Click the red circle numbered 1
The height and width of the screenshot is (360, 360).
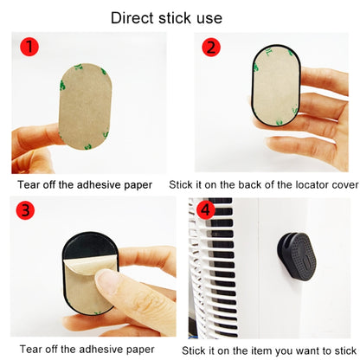29,47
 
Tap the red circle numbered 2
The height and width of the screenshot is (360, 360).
211,48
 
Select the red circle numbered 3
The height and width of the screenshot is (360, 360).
25,210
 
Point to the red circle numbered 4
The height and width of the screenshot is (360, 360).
206,210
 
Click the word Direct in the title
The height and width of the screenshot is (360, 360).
133,18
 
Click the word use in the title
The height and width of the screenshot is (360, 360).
209,18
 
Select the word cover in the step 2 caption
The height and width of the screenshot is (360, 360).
345,185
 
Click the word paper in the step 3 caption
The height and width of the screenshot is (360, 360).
140,350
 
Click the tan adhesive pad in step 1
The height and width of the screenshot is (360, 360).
85,106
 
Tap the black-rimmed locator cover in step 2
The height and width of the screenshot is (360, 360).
276,86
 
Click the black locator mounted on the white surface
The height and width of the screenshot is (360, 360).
297,255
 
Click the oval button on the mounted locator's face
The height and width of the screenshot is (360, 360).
306,260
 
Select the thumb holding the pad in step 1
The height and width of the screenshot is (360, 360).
36,138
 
